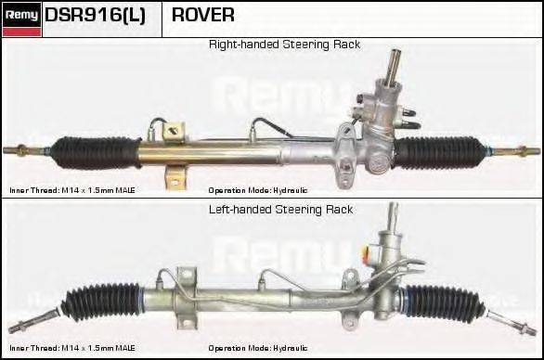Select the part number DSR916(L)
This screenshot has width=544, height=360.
95,16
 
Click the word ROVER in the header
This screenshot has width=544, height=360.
203,16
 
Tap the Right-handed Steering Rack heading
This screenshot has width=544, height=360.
284,45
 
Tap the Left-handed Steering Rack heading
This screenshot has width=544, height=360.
281,210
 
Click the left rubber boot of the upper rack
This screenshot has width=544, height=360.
97,151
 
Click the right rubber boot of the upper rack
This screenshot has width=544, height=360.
436,151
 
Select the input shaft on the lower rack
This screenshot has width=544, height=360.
392,223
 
